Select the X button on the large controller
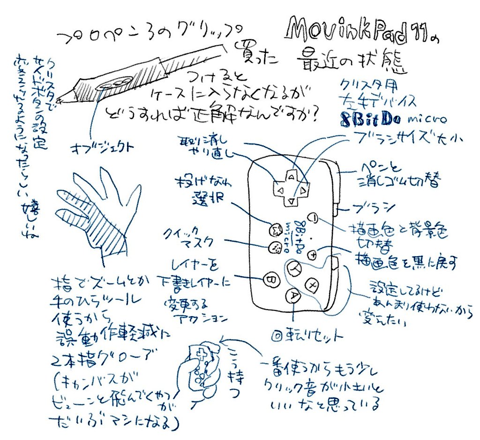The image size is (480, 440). point(294,269)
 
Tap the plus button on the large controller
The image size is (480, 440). point(315,255)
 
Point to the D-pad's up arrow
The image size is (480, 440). point(292,177)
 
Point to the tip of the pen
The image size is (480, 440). point(58,100)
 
